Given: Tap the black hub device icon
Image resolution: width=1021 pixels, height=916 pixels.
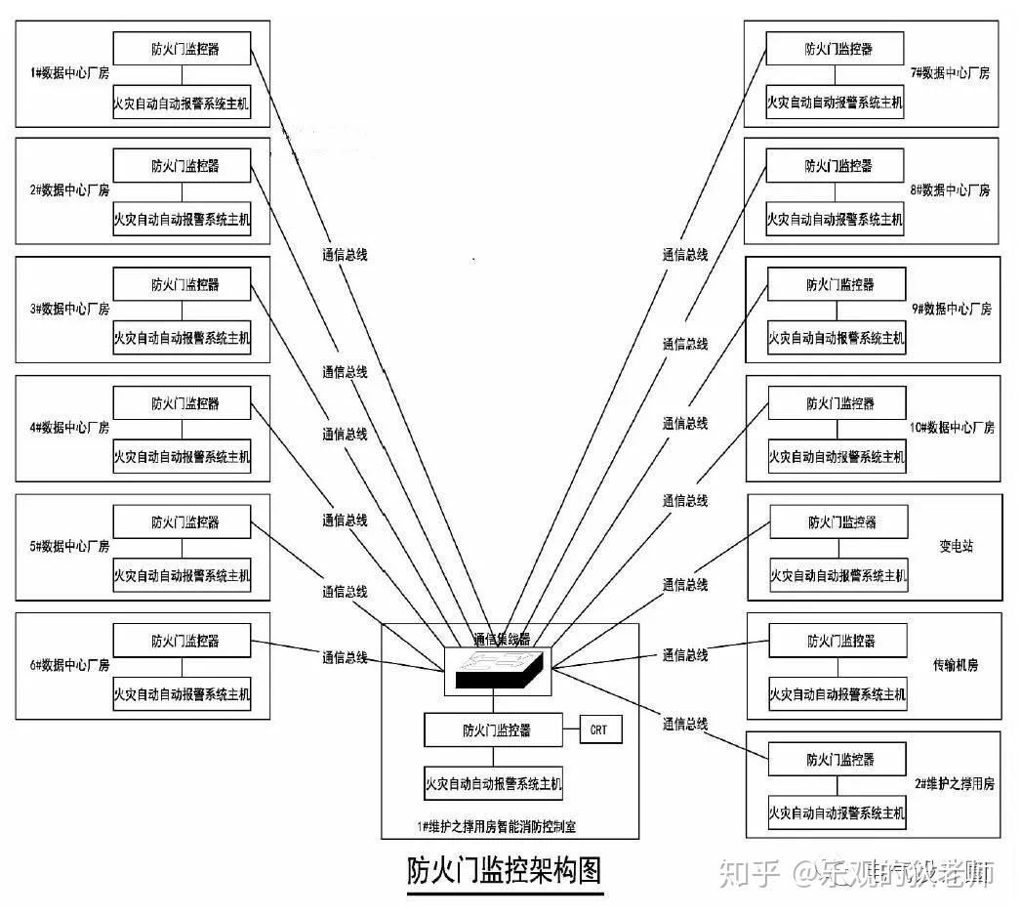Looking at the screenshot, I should click(499, 671).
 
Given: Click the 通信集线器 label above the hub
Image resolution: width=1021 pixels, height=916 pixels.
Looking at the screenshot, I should click(502, 640).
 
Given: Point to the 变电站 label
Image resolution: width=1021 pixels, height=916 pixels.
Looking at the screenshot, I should click(956, 546).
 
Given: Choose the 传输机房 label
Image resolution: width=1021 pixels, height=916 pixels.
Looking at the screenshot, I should click(955, 665).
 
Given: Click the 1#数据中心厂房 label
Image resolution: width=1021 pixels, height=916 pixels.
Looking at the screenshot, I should click(69, 72).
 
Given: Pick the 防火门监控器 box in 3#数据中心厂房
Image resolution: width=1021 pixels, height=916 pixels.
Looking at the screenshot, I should click(182, 285).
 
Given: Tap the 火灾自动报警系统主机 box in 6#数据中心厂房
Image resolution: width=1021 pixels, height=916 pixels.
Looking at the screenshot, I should click(182, 694).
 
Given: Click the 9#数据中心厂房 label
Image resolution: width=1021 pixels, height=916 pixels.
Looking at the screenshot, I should click(951, 309).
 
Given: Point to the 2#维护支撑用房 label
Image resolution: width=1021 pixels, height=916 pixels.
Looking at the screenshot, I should click(954, 783).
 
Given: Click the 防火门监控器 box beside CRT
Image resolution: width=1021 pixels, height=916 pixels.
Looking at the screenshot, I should click(493, 729).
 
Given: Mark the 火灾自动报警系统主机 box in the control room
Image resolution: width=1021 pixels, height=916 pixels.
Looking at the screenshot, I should click(493, 783).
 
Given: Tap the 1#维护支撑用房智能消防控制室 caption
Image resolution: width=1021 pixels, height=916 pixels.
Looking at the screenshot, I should click(496, 827).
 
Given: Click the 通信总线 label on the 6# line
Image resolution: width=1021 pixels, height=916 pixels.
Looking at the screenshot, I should click(345, 657).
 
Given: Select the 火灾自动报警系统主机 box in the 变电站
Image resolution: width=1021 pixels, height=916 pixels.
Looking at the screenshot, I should click(838, 575).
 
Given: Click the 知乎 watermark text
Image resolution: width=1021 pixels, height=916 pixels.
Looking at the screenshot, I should click(749, 873).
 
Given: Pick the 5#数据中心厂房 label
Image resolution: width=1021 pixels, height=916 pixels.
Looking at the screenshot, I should click(69, 546).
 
